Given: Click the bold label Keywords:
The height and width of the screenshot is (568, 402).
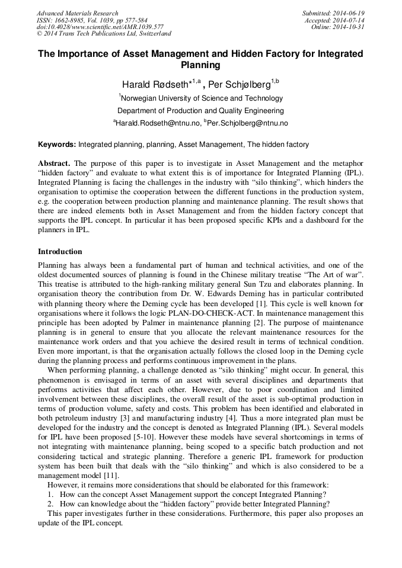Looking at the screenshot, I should click(x=57, y=145).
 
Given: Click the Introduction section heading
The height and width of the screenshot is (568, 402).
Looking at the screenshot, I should click(x=60, y=251).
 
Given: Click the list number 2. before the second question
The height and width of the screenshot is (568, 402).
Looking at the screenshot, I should click(x=50, y=504).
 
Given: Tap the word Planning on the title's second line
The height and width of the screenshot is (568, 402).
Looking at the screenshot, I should click(x=200, y=65).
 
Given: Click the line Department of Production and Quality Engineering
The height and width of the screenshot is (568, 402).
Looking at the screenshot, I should click(x=200, y=111).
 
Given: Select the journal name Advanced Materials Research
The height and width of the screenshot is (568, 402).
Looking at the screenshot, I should click(x=78, y=13).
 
